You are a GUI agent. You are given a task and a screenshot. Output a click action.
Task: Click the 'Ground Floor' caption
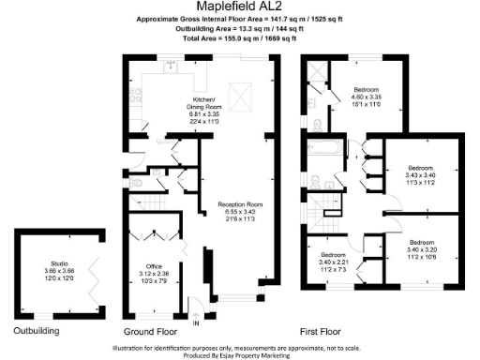coord(153,332)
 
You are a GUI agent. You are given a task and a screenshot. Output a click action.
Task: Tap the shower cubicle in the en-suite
coord(316,73)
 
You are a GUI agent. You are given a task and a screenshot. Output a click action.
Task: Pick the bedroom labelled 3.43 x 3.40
coord(413,173)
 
